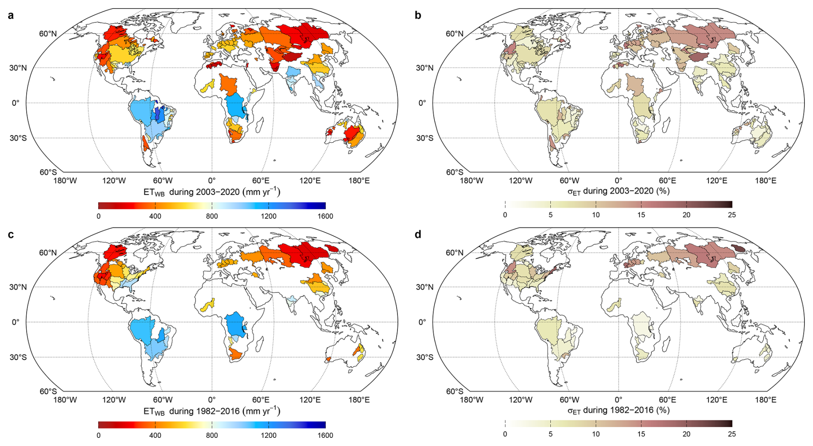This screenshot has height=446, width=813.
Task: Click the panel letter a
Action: point(11,15)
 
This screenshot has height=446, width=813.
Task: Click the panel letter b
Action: point(418,15)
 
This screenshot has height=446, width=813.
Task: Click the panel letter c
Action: point(11,235)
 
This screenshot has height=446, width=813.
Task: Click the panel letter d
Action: point(418,234)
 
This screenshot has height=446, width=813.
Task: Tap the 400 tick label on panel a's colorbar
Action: point(155,216)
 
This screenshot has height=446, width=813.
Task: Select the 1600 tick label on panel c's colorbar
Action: point(325,435)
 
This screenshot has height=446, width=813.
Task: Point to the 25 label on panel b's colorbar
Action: point(732,215)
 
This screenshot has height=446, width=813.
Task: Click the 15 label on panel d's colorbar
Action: point(641,434)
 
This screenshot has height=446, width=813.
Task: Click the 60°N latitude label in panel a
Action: point(48,34)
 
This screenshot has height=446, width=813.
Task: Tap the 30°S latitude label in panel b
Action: point(425,138)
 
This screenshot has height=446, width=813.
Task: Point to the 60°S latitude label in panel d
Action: point(455,391)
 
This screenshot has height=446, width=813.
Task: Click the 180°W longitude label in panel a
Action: point(65,181)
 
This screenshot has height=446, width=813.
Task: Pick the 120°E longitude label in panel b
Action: point(717,181)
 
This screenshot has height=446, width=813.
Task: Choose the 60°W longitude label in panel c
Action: point(163,400)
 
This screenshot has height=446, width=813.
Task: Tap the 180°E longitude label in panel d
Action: point(766,400)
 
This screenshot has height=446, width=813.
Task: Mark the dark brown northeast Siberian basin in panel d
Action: point(739,249)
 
